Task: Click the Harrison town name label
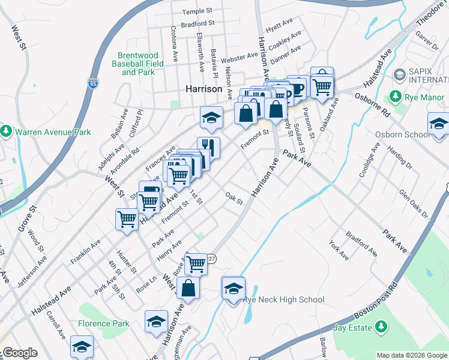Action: point(204,89)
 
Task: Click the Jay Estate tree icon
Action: point(379,327)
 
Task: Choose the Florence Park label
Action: point(103,323)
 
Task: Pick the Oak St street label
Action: point(234,197)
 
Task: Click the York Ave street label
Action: point(339,250)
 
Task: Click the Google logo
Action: point(20,353)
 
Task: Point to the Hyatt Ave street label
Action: point(279,25)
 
